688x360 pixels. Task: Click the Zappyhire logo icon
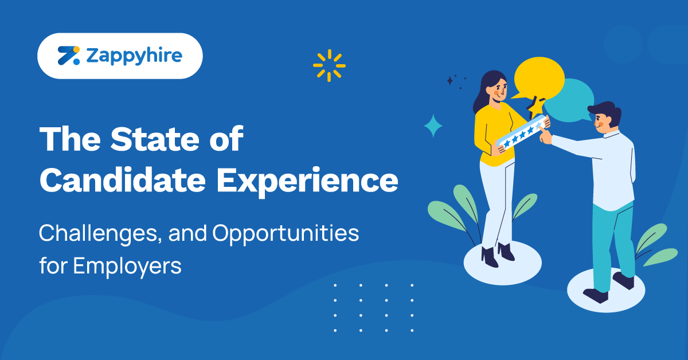pos(69,56)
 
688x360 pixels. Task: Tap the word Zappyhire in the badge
pos(134,56)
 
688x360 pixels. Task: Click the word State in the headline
pos(155,139)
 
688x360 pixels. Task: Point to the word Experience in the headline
pos(307,182)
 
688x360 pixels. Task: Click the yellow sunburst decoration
pos(329,65)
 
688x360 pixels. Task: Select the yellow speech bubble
pos(538,77)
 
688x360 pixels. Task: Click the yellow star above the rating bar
pos(536,107)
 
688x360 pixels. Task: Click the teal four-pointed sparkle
pos(433,126)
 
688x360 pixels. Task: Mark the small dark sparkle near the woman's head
pos(450,81)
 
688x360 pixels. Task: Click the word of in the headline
pos(226,139)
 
